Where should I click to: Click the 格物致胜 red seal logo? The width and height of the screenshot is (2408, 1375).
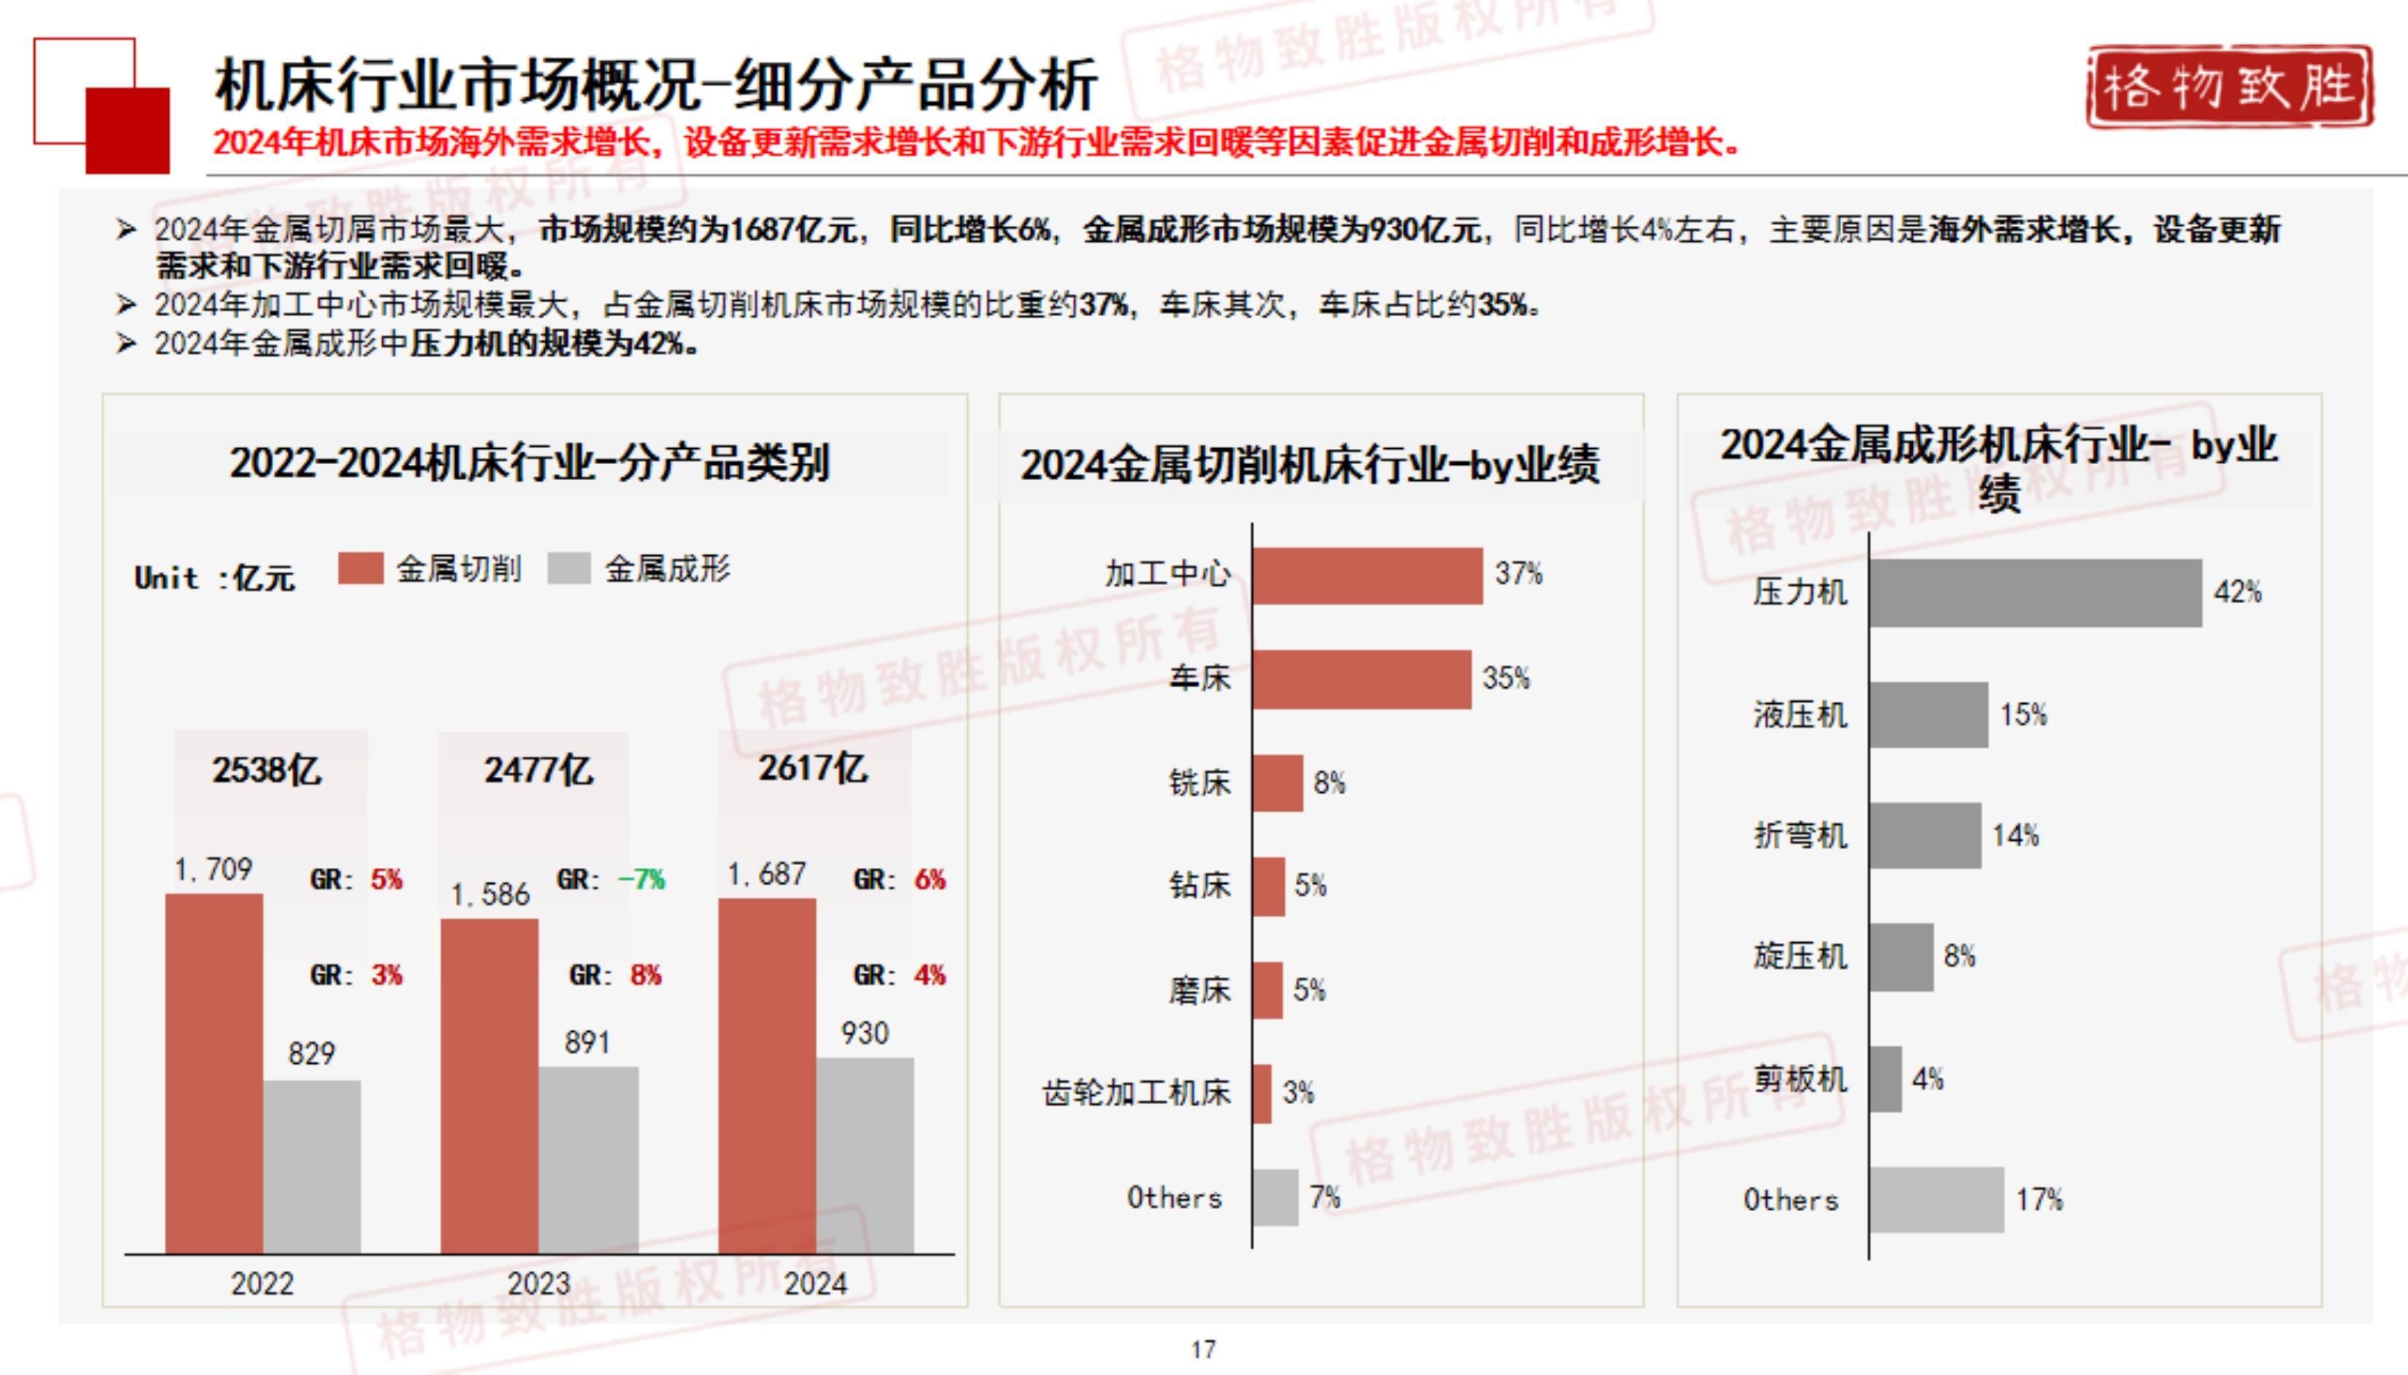pyautogui.click(x=2229, y=87)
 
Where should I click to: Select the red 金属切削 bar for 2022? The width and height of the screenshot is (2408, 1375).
pyautogui.click(x=214, y=1074)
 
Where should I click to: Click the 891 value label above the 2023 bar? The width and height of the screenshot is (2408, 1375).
pyautogui.click(x=587, y=1043)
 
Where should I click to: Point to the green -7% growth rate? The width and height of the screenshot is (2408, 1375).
pyautogui.click(x=642, y=880)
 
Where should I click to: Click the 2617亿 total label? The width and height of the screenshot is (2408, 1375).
pyautogui.click(x=813, y=768)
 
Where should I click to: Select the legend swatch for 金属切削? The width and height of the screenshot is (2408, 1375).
pyautogui.click(x=361, y=568)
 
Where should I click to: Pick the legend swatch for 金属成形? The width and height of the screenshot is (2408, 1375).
pyautogui.click(x=569, y=568)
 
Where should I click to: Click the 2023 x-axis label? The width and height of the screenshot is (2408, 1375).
pyautogui.click(x=539, y=1283)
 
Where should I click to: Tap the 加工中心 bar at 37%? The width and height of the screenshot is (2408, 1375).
pyautogui.click(x=1368, y=575)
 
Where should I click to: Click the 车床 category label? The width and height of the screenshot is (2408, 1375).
pyautogui.click(x=1199, y=678)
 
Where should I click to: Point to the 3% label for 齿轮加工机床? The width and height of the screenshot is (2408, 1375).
pyautogui.click(x=1298, y=1092)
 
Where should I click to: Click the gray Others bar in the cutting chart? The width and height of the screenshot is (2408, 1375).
pyautogui.click(x=1275, y=1197)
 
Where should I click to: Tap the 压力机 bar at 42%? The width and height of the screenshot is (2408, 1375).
pyautogui.click(x=2035, y=592)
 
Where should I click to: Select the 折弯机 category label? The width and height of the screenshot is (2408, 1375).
pyautogui.click(x=1799, y=835)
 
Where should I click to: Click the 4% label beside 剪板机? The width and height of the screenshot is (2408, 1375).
pyautogui.click(x=1927, y=1078)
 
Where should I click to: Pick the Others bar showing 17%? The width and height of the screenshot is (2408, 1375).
pyautogui.click(x=1936, y=1199)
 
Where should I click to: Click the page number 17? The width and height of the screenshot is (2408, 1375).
pyautogui.click(x=1203, y=1349)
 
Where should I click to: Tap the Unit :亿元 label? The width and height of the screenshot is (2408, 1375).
pyautogui.click(x=214, y=577)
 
